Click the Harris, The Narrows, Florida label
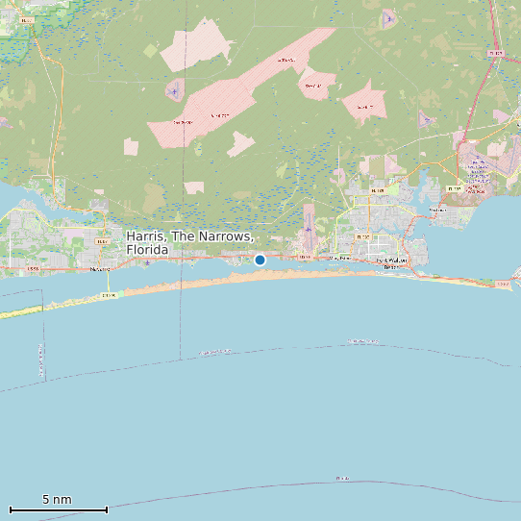[x=190, y=243]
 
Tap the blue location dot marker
[x=260, y=260]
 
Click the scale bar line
[x=58, y=509]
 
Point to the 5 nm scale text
[x=57, y=499]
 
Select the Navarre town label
[x=99, y=269]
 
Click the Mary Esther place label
[x=338, y=258]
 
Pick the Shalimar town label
[x=437, y=209]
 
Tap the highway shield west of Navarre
[x=33, y=269]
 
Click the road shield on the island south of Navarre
[x=109, y=296]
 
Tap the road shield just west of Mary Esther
[x=305, y=257]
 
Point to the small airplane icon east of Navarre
[x=146, y=262]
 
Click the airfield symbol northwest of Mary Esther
[x=308, y=230]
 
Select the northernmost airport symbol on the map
[x=388, y=17]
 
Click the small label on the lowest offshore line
[x=343, y=478]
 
